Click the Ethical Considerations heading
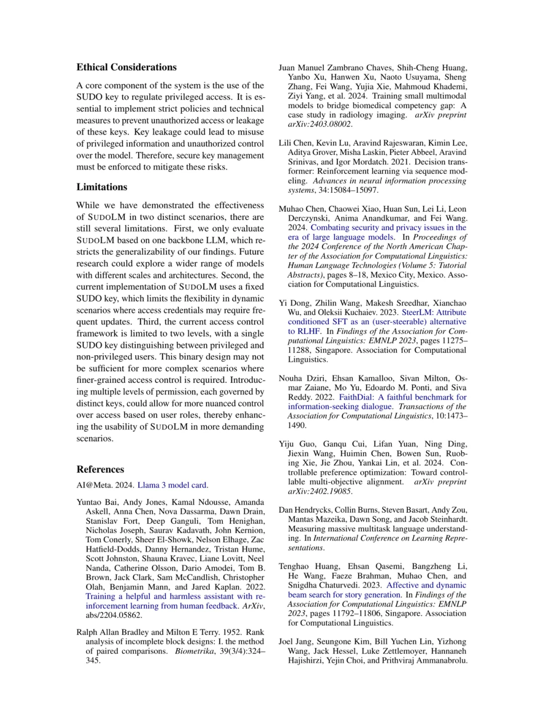click(x=126, y=67)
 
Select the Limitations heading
click(x=102, y=187)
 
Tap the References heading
click(x=100, y=469)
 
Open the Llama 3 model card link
click(x=172, y=486)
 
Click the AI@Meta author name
click(x=95, y=486)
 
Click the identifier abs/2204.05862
click(x=114, y=615)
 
